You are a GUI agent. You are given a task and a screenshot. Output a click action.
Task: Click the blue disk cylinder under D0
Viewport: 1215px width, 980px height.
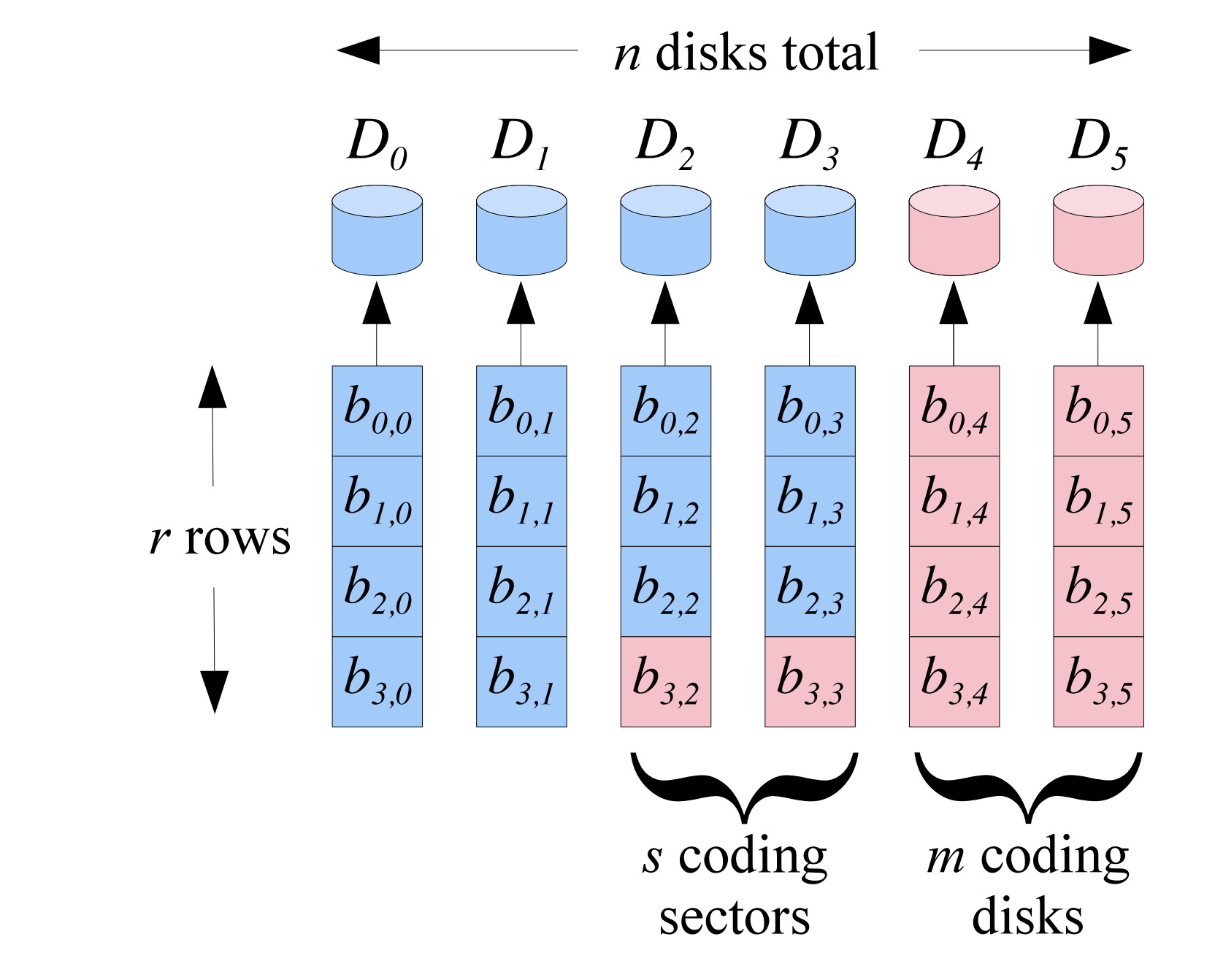[377, 230]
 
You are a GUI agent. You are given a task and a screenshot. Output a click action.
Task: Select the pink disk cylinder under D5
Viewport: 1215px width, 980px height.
[1098, 230]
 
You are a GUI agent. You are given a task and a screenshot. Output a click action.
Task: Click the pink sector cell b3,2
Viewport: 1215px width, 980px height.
[665, 681]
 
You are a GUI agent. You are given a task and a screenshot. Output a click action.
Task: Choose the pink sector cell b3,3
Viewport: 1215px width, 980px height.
[810, 681]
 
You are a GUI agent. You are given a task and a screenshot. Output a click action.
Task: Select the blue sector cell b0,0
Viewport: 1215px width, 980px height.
[377, 411]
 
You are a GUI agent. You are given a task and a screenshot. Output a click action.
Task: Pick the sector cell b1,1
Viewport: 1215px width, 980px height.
[521, 501]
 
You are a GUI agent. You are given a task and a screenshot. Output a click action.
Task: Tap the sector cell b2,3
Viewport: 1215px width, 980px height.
[810, 592]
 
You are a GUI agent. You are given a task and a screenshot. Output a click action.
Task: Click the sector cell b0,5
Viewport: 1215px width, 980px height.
[1098, 411]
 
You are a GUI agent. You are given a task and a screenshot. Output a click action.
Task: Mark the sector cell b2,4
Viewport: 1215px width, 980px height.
[954, 592]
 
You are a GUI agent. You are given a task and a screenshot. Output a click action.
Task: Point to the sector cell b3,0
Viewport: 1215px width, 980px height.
[377, 681]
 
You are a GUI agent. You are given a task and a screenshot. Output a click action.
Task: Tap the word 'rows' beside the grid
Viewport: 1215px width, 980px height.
[237, 539]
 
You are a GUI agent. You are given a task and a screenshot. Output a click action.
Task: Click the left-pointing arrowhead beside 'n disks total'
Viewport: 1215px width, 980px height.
[359, 50]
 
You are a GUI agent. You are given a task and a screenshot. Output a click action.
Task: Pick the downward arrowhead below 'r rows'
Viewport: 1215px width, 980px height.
[214, 691]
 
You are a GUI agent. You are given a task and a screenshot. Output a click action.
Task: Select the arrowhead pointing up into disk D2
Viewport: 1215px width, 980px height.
[665, 304]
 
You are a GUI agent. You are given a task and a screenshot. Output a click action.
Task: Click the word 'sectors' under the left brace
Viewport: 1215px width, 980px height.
[735, 917]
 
